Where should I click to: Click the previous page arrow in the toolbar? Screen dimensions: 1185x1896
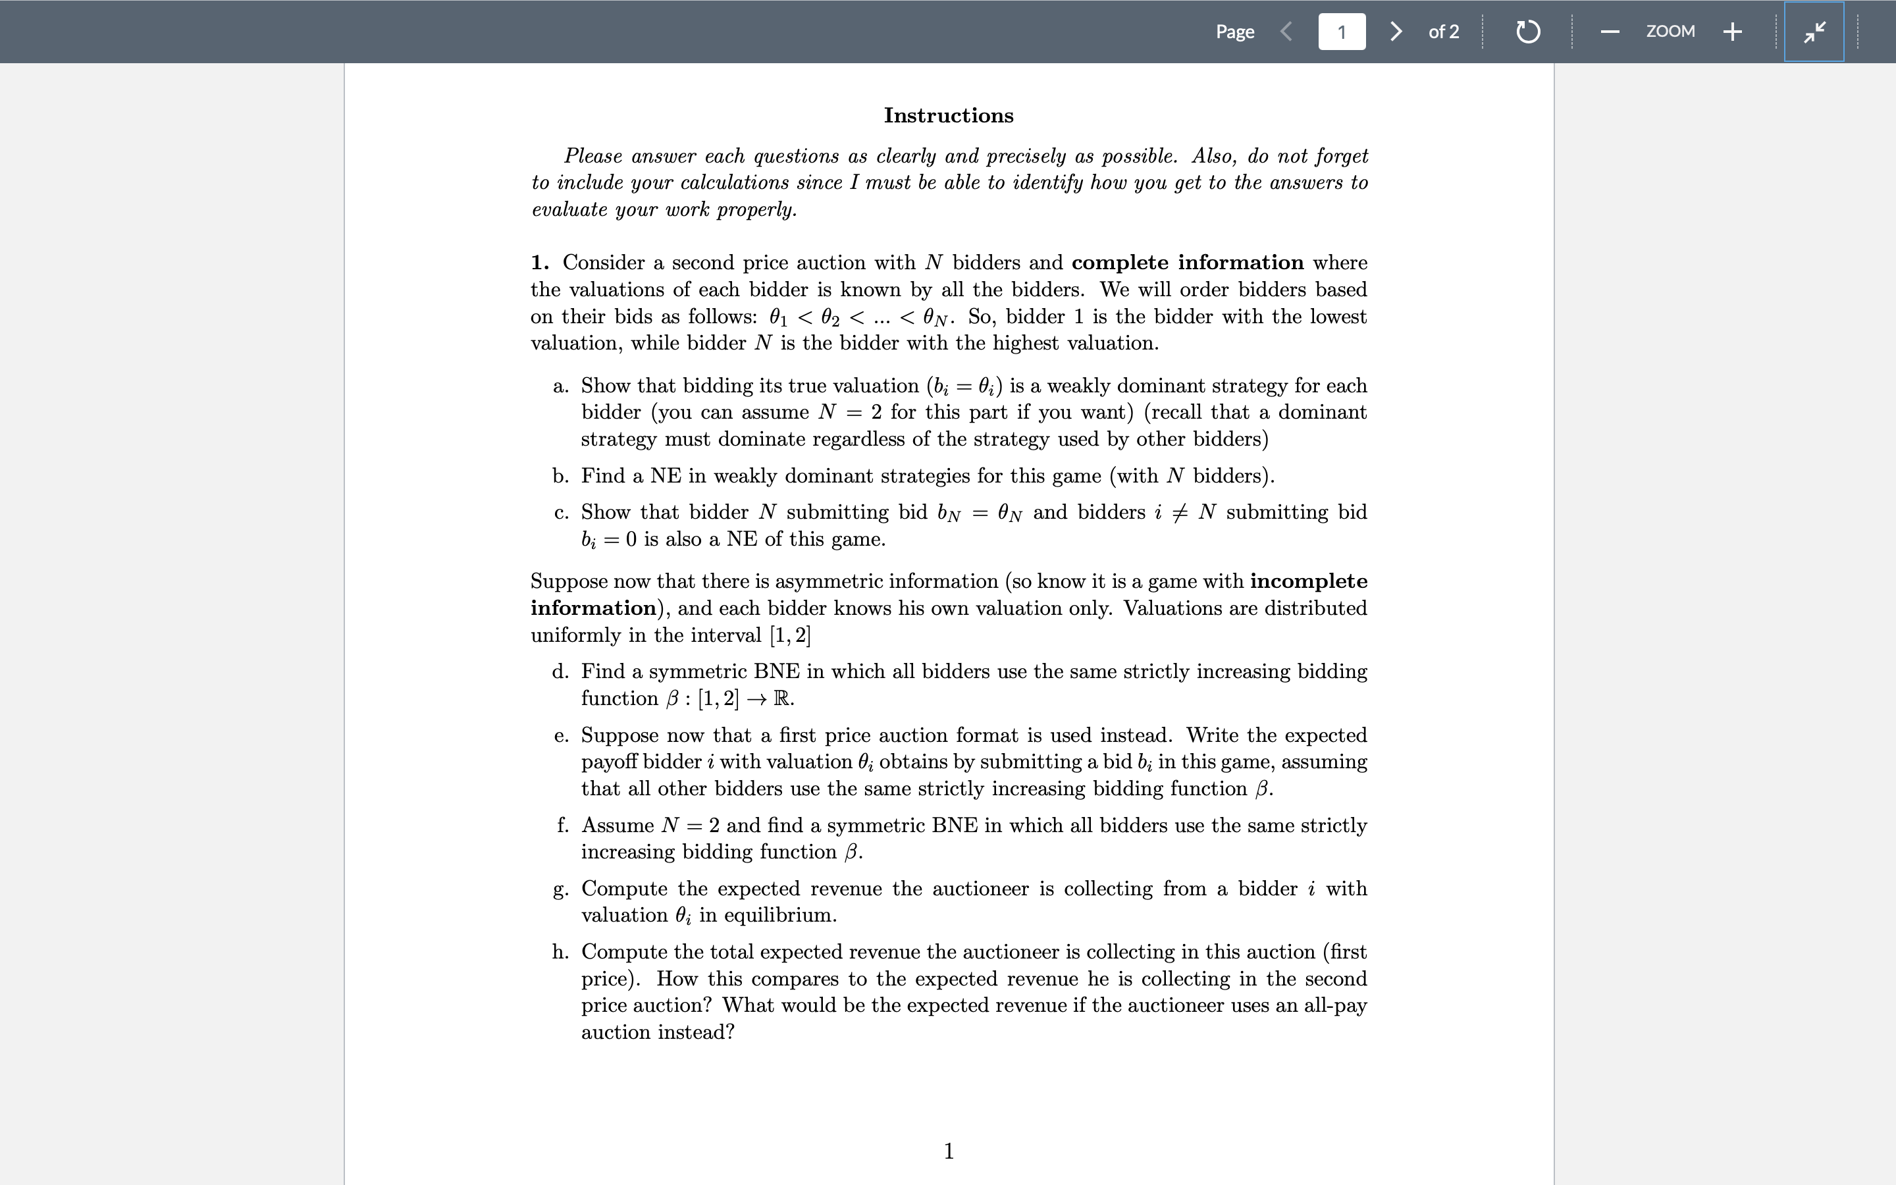click(x=1286, y=32)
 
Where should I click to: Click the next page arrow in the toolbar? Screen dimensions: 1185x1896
click(x=1396, y=32)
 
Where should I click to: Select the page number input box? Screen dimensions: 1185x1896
click(x=1341, y=32)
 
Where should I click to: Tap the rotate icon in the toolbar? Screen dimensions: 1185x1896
click(x=1528, y=32)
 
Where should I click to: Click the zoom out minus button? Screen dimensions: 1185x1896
click(x=1610, y=32)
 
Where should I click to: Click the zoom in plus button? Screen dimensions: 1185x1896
click(x=1732, y=32)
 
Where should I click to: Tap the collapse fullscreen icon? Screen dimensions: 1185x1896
click(x=1814, y=32)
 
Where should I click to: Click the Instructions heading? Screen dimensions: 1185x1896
click(x=948, y=115)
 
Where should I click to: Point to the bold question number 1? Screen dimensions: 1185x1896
click(x=539, y=262)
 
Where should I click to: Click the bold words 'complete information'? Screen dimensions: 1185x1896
click(x=1187, y=262)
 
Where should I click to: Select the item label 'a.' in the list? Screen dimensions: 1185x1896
click(x=560, y=386)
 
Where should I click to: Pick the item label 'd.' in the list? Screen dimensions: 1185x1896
click(x=560, y=671)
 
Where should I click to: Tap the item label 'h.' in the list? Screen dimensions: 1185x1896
click(x=560, y=951)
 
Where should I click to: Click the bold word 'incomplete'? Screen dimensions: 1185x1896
click(x=1308, y=581)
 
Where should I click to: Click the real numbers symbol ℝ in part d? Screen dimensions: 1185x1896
click(x=782, y=698)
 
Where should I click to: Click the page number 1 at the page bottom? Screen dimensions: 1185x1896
click(x=949, y=1151)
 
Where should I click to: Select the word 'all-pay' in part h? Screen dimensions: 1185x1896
click(x=1335, y=1005)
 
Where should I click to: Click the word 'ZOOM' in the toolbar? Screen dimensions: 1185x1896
click(x=1670, y=32)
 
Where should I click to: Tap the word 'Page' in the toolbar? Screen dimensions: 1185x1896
click(x=1235, y=32)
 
